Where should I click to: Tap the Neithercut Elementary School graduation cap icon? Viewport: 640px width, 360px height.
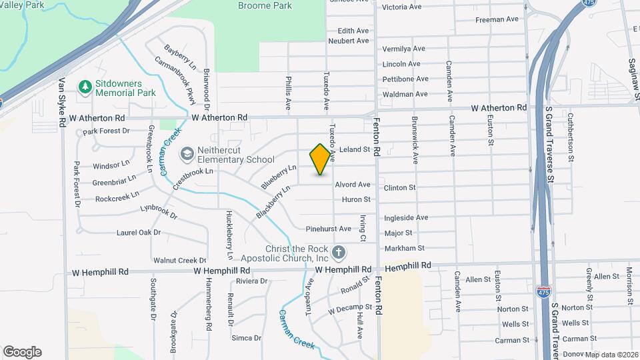[x=186, y=155]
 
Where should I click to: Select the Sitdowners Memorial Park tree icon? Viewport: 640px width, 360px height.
[x=85, y=87]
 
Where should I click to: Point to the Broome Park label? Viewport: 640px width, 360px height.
[x=265, y=5]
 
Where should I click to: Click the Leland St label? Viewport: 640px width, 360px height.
[x=355, y=150]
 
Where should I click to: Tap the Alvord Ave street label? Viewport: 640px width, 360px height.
[x=353, y=184]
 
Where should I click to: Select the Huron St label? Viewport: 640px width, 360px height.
[x=356, y=199]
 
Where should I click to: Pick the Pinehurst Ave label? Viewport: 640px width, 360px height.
[x=328, y=229]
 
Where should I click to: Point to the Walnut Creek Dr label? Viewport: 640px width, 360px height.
[x=180, y=260]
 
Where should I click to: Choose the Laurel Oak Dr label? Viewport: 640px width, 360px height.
[x=139, y=233]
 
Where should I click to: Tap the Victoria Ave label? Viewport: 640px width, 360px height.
[x=402, y=7]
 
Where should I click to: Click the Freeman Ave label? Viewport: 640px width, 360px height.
[x=497, y=19]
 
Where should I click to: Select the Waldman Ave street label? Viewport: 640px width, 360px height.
[x=405, y=94]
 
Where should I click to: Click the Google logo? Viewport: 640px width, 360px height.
[x=22, y=352]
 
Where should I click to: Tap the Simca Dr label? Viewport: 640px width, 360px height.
[x=247, y=338]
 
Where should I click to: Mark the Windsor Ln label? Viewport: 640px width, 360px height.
[x=111, y=165]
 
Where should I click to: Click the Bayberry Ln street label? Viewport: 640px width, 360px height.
[x=180, y=58]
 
